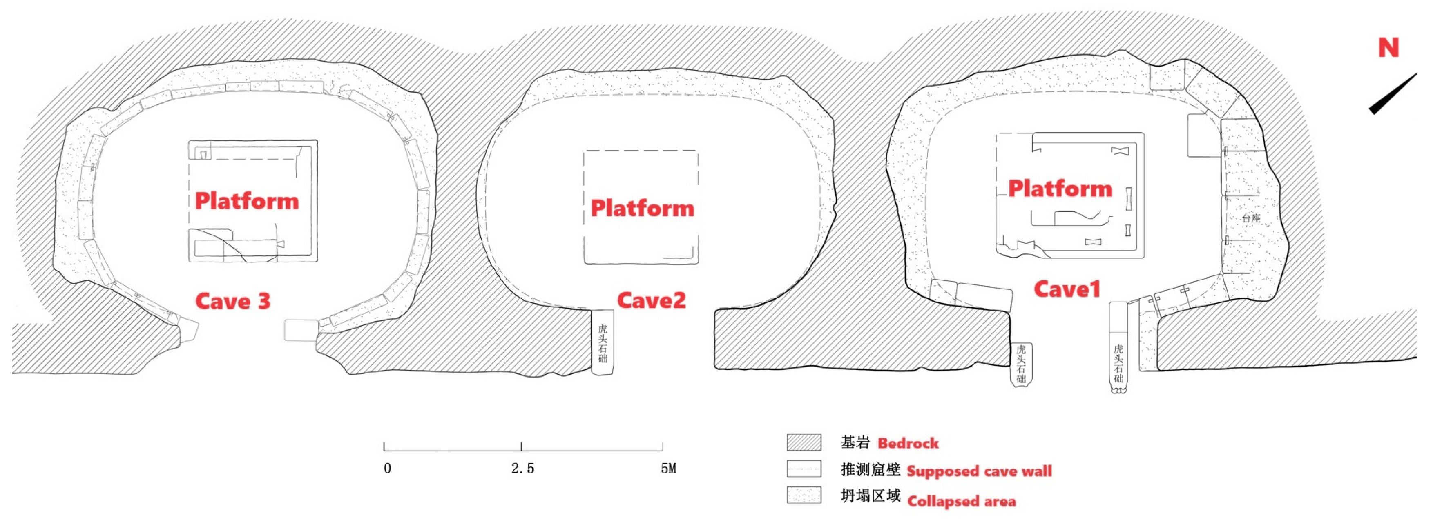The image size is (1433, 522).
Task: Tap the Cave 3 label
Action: pyautogui.click(x=232, y=301)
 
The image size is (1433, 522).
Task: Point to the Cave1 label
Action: pyautogui.click(x=1067, y=289)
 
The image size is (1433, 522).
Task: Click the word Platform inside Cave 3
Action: pyautogui.click(x=246, y=201)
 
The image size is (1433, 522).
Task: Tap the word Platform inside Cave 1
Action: pyautogui.click(x=1060, y=189)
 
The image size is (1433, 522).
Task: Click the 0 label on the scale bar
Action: pyautogui.click(x=387, y=469)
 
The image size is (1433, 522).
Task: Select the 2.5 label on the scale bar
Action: pyautogui.click(x=522, y=469)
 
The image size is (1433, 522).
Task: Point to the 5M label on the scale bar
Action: pyautogui.click(x=668, y=469)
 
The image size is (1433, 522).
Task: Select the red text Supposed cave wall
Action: pyautogui.click(x=979, y=471)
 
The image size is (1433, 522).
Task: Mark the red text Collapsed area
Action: pyautogui.click(x=961, y=502)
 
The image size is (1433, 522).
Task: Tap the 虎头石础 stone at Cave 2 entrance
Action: pyautogui.click(x=603, y=342)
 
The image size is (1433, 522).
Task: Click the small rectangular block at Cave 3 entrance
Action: pyautogui.click(x=300, y=330)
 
